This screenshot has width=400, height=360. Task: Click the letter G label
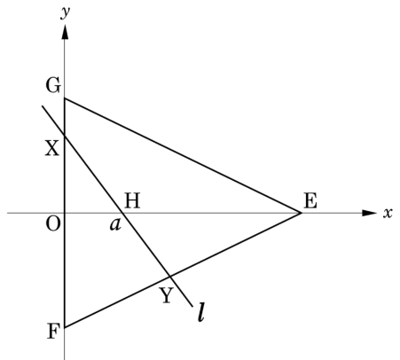click(x=53, y=85)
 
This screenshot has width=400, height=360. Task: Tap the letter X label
click(x=52, y=148)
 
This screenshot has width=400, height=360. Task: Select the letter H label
click(x=132, y=200)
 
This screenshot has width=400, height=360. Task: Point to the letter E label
click(x=310, y=200)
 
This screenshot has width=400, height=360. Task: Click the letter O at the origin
click(x=53, y=223)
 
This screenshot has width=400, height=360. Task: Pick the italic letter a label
click(x=115, y=224)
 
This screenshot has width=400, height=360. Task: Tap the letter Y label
click(x=167, y=295)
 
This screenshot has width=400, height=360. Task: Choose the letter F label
click(x=53, y=331)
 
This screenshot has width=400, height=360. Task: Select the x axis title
click(x=388, y=213)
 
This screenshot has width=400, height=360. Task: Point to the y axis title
click(x=66, y=12)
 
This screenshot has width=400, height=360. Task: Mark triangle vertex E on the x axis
click(x=302, y=213)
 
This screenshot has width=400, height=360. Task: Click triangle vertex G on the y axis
click(x=65, y=98)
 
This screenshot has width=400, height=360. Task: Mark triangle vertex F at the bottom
click(x=65, y=327)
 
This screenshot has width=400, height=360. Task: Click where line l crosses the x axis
click(x=122, y=213)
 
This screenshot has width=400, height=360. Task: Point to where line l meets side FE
click(x=170, y=277)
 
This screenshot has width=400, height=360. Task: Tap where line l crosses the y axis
click(x=65, y=136)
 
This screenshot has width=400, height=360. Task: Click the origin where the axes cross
click(x=65, y=213)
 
